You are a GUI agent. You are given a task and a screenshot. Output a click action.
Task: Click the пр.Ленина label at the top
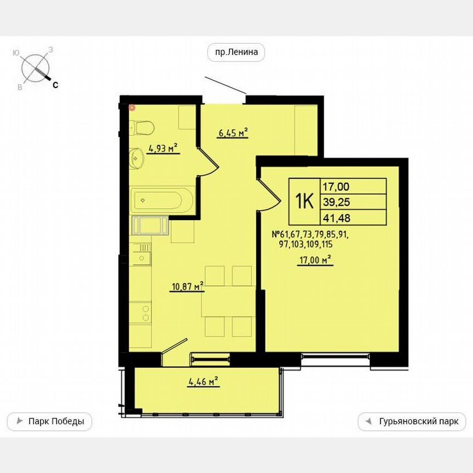pos(236,53)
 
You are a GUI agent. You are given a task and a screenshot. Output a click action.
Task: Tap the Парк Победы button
pos(50,422)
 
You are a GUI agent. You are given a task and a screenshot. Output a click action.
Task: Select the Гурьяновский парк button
pos(412,422)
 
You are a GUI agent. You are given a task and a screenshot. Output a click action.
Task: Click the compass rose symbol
pos(35,68)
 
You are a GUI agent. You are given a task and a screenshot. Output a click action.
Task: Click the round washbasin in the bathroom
pos(136,159)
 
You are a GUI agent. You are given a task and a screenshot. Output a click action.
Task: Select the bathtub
pos(161,200)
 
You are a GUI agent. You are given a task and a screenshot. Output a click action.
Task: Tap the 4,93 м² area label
pos(164,148)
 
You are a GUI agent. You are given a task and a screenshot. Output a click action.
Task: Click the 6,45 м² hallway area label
pos(233,132)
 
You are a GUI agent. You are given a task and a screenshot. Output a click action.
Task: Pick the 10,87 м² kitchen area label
pos(187,286)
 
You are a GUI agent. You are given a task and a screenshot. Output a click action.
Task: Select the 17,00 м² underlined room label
pos(315,261)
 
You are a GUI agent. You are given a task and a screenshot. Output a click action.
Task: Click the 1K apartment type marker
pos(304,202)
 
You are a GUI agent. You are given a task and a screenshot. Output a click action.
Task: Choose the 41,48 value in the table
pos(336,218)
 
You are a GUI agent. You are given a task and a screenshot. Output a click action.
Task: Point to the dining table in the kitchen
pos(227,302)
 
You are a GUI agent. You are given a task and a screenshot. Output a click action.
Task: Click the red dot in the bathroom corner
pos(131,107)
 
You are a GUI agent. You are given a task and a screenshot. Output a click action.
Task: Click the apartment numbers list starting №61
pos(310,240)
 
